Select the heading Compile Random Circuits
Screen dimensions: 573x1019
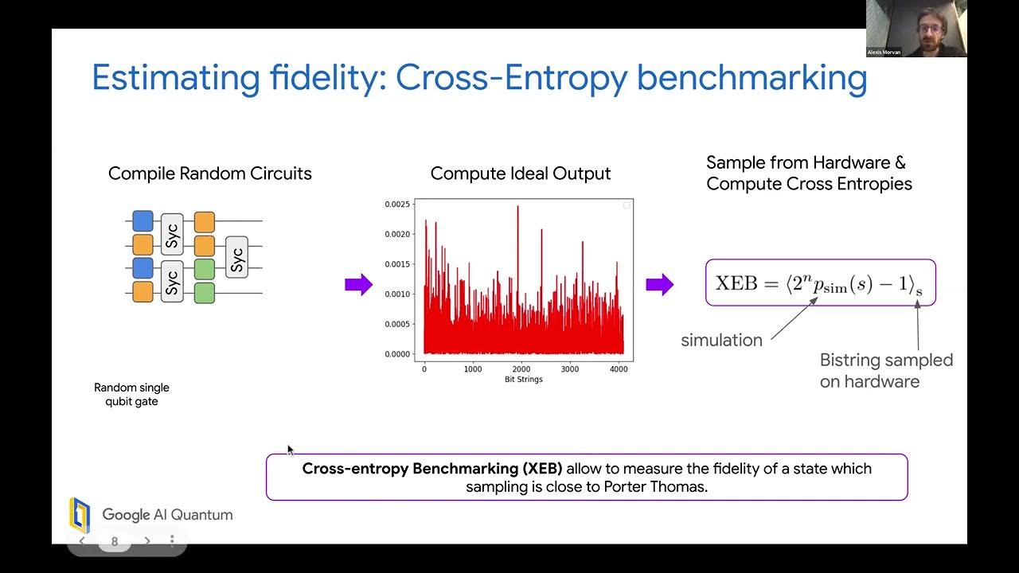210,173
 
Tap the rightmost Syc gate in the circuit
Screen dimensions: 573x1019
236,257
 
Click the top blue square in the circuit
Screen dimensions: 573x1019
143,220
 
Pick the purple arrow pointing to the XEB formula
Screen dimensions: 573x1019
659,284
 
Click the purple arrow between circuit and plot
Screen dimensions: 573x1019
358,284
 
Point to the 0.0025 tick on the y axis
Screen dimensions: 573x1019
398,205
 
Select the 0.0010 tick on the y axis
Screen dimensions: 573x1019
398,294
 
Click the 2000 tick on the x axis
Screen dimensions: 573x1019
521,369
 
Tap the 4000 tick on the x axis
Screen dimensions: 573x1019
618,369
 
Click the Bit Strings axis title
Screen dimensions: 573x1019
523,380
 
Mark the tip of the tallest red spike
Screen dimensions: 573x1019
517,206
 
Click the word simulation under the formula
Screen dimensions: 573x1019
721,341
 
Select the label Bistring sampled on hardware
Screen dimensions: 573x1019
885,371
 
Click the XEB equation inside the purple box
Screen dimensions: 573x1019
819,283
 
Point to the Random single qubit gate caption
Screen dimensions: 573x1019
131,395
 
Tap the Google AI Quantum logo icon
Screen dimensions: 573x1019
80,515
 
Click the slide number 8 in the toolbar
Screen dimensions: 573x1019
115,541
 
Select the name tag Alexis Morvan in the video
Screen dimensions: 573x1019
884,53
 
